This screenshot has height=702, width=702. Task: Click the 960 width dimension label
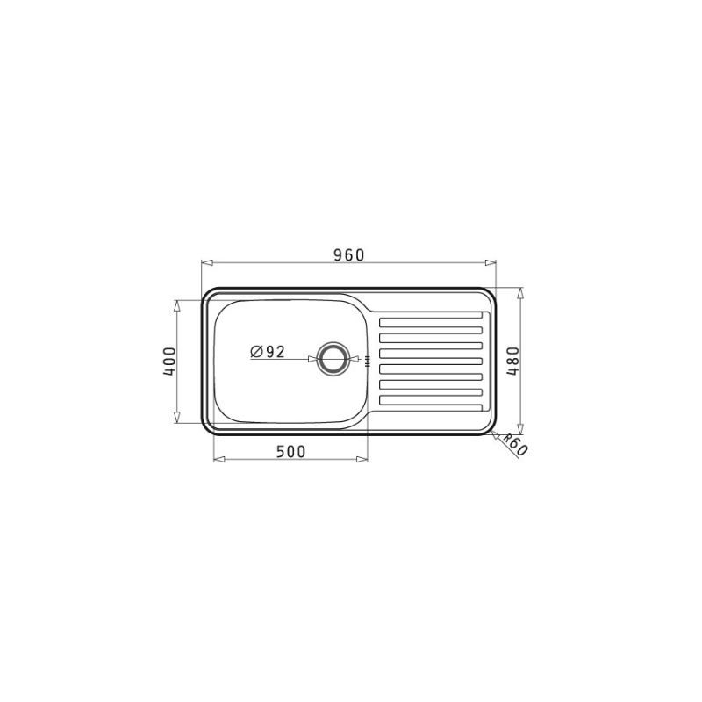(x=349, y=254)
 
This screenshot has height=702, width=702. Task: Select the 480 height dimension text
(x=512, y=361)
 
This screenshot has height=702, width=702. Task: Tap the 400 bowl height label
(x=169, y=362)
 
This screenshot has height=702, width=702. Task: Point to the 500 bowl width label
(x=290, y=452)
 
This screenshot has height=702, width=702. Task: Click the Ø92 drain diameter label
(x=268, y=352)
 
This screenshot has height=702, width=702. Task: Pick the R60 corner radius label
(x=515, y=445)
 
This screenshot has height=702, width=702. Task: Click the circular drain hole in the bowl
(x=332, y=359)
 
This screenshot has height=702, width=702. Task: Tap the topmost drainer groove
(x=431, y=321)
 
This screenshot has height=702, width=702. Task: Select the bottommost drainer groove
(x=431, y=399)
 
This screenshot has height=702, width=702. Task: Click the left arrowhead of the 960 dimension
(x=206, y=262)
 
